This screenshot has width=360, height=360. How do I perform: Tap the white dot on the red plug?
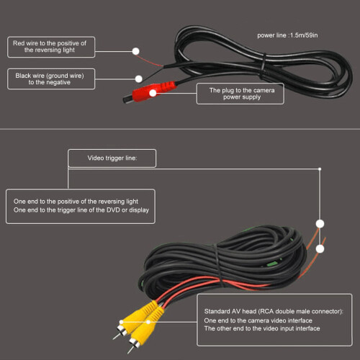point(153,93)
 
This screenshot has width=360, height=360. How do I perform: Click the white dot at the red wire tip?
point(136,51)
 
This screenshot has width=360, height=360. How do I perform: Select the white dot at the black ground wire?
point(139,78)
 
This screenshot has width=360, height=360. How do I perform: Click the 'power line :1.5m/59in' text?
point(287,35)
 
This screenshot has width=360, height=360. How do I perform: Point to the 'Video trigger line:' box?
point(112,158)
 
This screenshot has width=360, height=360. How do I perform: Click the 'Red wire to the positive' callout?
point(51,47)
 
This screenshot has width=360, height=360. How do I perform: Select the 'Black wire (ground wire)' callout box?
point(51,79)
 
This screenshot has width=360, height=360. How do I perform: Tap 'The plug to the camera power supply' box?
point(240,94)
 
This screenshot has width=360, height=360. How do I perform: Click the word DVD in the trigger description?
point(113,210)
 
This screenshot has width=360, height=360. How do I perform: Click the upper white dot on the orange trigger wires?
point(320,224)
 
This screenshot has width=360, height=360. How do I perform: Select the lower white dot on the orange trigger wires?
point(320,249)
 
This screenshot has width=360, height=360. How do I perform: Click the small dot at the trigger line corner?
point(320,169)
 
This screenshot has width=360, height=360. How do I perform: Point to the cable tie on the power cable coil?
point(264,66)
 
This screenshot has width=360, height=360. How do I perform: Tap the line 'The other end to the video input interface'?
point(262,328)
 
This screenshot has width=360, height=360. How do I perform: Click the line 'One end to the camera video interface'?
point(258,320)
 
